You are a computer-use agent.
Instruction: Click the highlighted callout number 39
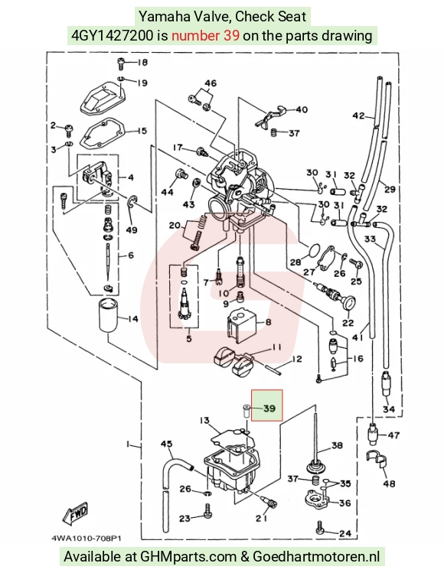click(x=269, y=408)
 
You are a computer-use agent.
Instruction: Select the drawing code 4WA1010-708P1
click(x=87, y=539)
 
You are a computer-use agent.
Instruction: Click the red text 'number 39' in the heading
click(x=206, y=35)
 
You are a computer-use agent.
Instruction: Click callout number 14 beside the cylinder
click(x=132, y=319)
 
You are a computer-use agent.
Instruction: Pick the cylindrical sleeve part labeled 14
click(x=107, y=316)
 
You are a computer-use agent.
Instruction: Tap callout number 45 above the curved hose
click(x=167, y=444)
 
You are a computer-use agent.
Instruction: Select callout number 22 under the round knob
click(x=348, y=323)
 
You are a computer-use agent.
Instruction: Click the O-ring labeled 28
click(x=312, y=251)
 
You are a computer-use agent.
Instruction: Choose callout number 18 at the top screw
click(x=142, y=63)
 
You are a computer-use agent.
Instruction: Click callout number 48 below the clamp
click(x=389, y=483)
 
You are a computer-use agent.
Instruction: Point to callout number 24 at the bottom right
click(x=345, y=533)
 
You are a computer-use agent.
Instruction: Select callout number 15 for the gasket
click(x=142, y=131)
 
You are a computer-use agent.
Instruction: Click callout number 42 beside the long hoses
click(x=358, y=116)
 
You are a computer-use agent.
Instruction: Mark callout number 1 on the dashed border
click(x=128, y=444)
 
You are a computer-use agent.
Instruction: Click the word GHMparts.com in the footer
click(x=189, y=557)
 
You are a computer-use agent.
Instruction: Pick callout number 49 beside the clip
click(x=132, y=230)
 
